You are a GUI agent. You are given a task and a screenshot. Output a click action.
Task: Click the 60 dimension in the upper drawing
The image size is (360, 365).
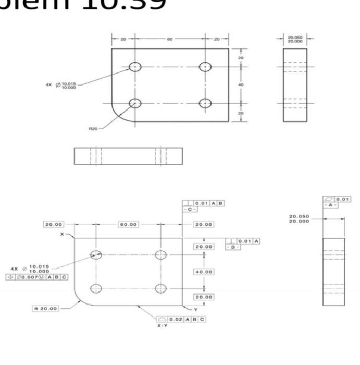(x=170, y=39)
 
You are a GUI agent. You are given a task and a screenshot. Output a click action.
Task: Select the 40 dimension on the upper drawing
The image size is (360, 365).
(x=241, y=84)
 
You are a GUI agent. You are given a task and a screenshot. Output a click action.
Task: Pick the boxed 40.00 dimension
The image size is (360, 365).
(x=204, y=272)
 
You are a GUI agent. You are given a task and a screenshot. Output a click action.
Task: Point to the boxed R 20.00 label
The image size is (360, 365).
(x=46, y=308)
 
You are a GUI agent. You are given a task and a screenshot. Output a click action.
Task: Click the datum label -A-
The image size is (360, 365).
(x=330, y=205)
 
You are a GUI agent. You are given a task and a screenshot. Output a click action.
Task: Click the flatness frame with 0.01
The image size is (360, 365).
(x=338, y=199)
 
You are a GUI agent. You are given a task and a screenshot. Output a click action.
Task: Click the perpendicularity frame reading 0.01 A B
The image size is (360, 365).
(x=209, y=203)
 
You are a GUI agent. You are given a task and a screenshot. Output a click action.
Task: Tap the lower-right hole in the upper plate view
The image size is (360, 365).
(x=205, y=103)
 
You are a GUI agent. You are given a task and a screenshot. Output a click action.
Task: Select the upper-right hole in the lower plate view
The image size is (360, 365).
(x=161, y=254)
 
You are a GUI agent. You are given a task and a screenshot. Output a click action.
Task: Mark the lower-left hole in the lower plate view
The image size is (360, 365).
(x=96, y=288)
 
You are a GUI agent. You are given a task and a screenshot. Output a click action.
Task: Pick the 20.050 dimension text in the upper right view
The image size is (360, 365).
(x=295, y=38)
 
